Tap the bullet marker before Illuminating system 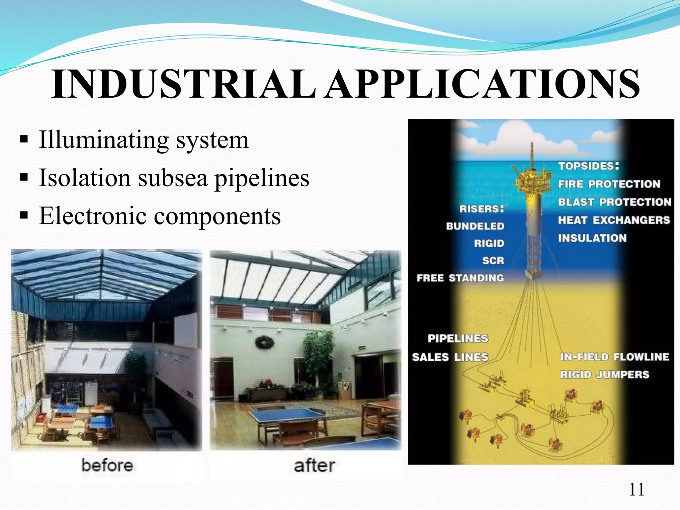point(24,139)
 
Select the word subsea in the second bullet point(173,178)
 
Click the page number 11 point(637,489)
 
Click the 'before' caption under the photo point(107,465)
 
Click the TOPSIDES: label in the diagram point(588,166)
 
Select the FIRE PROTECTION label point(609,184)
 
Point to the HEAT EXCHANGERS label point(614,220)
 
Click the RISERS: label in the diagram point(481,209)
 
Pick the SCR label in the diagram point(493,261)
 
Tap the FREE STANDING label point(460,278)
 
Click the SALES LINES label point(450,357)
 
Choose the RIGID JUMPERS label point(604,375)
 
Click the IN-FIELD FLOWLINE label point(614,357)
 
